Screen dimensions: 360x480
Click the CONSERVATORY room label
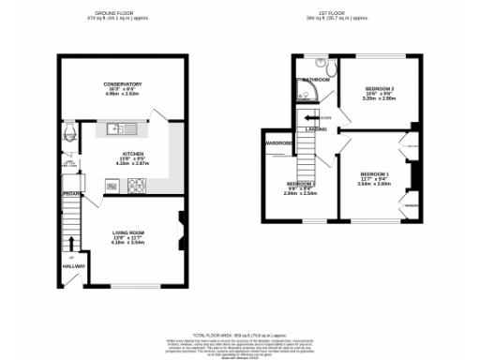[x=123, y=84]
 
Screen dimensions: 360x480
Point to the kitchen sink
[x=122, y=127]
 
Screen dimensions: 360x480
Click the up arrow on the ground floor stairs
[x=70, y=257]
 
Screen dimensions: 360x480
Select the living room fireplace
[x=182, y=223]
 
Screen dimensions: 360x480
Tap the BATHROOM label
[x=315, y=81]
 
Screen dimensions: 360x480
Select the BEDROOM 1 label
[x=374, y=175]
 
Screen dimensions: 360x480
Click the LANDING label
[x=315, y=129]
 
